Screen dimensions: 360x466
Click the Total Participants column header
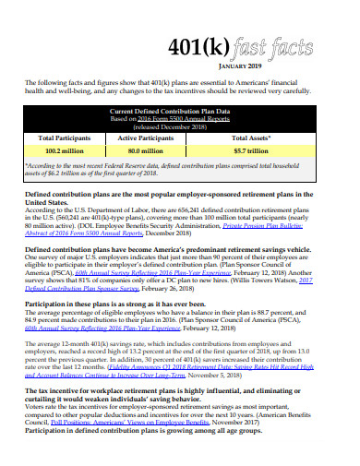pos(66,137)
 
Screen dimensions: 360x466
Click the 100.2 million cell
pos(66,149)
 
